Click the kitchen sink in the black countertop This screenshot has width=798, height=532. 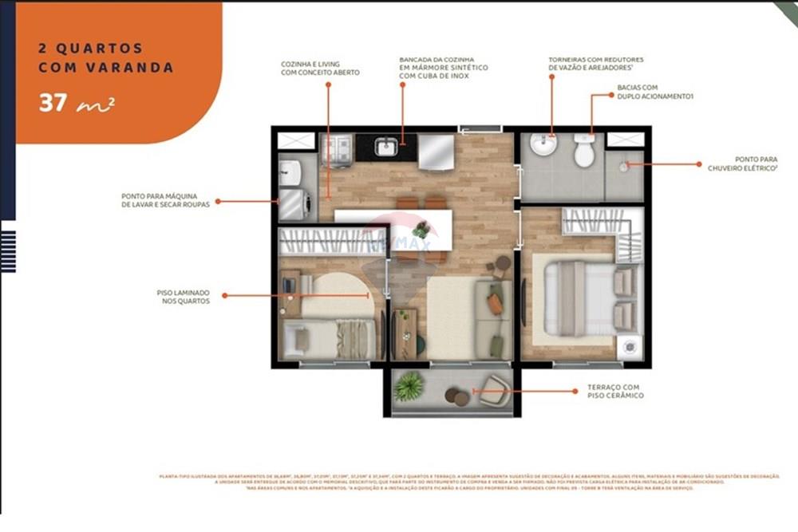tap(386, 147)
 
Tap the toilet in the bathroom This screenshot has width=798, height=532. tap(584, 151)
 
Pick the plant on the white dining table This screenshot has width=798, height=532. tap(421, 231)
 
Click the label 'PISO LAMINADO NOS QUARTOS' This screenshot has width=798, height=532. tap(184, 297)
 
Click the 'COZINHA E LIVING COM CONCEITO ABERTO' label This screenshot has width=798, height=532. tap(320, 68)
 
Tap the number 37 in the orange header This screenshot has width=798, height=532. tap(55, 104)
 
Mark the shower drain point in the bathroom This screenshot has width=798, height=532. tap(624, 166)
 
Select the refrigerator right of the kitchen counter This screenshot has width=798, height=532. tap(435, 152)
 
